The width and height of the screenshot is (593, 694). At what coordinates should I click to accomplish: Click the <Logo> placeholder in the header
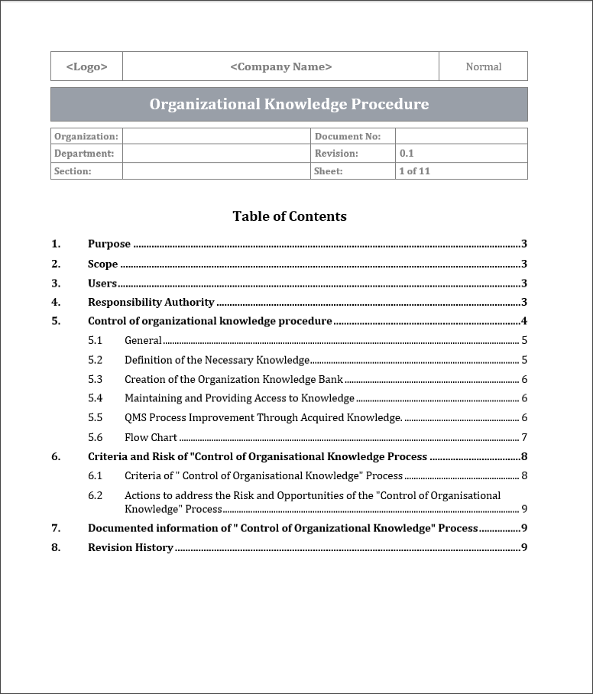point(86,66)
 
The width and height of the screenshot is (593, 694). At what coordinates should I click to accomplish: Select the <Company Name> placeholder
point(280,66)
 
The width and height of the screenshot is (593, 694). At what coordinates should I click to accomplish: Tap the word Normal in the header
point(483,66)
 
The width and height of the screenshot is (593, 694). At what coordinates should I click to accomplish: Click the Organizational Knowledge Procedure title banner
point(289,104)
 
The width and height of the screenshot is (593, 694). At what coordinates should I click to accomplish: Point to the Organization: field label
point(86,136)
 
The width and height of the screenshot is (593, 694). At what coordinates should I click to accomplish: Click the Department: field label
point(84,154)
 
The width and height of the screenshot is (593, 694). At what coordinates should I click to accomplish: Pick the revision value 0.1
point(407,154)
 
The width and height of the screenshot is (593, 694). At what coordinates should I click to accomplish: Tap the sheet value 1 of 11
point(414,171)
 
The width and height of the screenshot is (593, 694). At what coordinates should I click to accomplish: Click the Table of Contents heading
point(290,216)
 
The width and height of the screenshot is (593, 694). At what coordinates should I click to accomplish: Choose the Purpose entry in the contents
point(109,245)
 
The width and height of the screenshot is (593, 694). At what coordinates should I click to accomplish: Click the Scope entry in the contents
point(103,264)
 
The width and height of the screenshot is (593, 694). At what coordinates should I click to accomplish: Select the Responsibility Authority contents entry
point(151,302)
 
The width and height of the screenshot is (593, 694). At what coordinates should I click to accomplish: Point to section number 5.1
point(95,341)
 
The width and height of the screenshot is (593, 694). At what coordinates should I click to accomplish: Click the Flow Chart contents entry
point(151,438)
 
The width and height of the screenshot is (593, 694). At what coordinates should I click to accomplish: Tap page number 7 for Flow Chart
point(524,438)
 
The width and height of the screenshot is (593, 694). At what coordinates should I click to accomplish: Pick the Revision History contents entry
point(131,548)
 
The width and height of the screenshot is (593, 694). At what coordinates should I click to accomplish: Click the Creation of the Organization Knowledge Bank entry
point(234,380)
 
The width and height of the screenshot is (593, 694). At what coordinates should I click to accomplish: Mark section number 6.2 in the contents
point(95,495)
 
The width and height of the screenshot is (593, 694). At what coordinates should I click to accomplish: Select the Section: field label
point(73,171)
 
